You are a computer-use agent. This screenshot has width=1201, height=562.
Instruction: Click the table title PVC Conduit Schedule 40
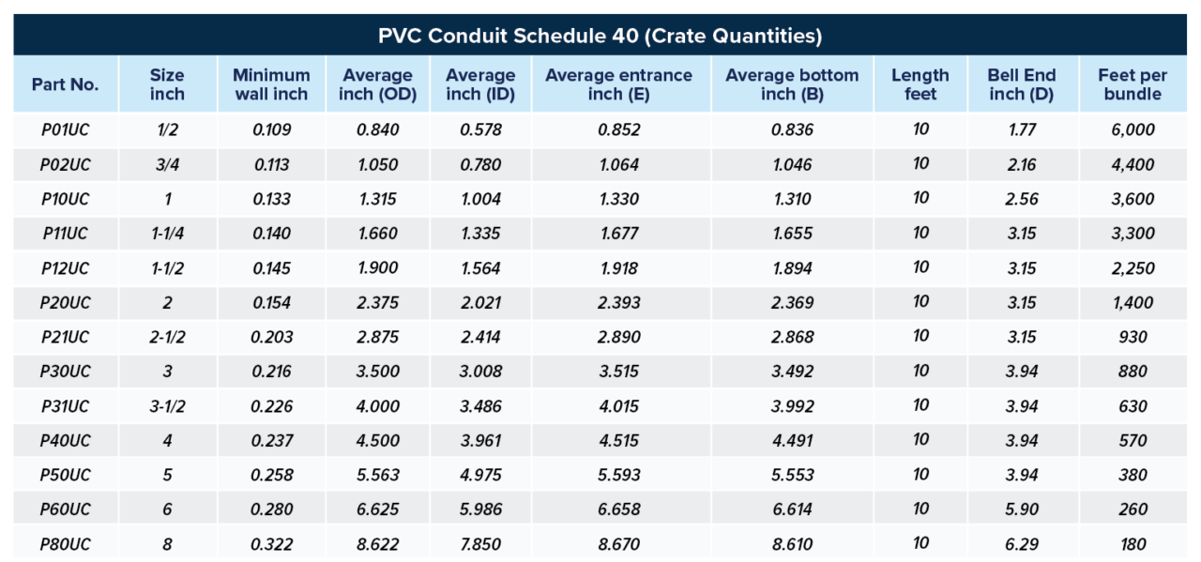(x=600, y=37)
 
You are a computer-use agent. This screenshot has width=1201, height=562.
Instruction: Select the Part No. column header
(x=65, y=84)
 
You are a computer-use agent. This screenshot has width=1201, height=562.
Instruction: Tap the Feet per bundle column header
(x=1133, y=84)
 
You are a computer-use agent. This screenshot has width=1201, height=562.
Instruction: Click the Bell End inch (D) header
(x=1022, y=84)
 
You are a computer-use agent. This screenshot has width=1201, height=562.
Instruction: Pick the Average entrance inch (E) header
(x=618, y=84)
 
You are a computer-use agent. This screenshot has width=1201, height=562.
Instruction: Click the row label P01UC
(x=65, y=129)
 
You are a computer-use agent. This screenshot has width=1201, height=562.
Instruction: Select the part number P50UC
(x=65, y=475)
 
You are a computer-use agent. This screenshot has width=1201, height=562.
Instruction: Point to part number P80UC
(x=65, y=544)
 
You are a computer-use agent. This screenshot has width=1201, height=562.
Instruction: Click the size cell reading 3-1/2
(x=167, y=406)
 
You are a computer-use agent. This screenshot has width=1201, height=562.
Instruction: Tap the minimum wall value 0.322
(x=272, y=544)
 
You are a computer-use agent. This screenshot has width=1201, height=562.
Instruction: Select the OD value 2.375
(x=377, y=302)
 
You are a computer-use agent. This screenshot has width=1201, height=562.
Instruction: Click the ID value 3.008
(x=480, y=372)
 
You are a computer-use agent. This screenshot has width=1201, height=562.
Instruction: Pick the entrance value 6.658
(x=618, y=509)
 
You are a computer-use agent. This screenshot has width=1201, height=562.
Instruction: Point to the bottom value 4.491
(x=792, y=440)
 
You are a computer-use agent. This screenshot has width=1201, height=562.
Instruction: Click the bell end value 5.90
(x=1022, y=509)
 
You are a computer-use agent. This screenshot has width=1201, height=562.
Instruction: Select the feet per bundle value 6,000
(x=1133, y=129)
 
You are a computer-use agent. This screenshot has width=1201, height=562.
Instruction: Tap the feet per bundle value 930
(x=1133, y=337)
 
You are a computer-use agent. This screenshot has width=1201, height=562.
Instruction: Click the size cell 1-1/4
(x=167, y=234)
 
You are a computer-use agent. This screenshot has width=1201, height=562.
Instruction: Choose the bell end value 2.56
(x=1022, y=199)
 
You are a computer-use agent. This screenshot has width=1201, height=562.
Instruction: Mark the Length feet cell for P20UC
(x=920, y=302)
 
